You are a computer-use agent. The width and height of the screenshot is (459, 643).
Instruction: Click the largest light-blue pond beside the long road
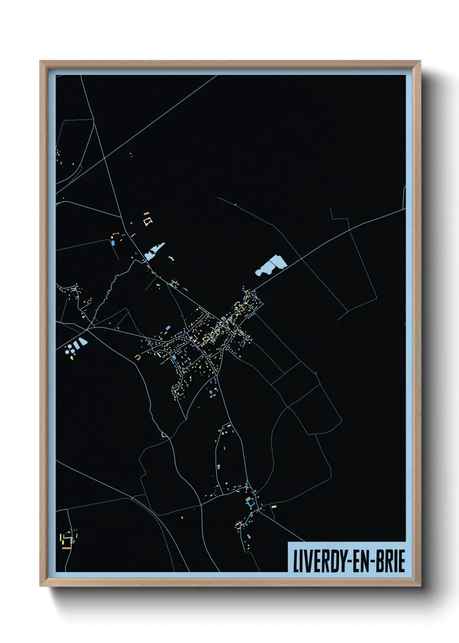[x=272, y=265]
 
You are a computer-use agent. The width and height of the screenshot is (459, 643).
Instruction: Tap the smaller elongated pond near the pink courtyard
[x=154, y=251]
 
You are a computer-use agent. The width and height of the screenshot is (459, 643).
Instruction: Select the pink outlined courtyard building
[x=148, y=222]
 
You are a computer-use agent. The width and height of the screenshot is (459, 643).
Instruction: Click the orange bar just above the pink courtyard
[x=146, y=213]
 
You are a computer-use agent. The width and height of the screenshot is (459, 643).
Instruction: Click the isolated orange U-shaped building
[x=138, y=358]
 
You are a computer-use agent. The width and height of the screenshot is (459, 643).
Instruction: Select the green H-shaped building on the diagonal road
[x=175, y=284]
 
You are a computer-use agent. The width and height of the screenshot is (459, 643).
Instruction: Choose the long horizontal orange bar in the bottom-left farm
[x=66, y=548]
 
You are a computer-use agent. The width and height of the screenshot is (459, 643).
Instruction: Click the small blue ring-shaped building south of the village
[x=211, y=392]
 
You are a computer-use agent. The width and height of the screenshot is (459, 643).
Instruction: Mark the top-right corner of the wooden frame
[x=420, y=61]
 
